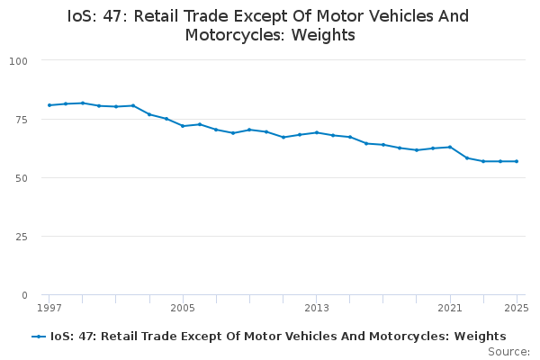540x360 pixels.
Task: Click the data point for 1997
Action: pyautogui.click(x=49, y=105)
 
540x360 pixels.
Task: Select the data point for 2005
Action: pyautogui.click(x=183, y=126)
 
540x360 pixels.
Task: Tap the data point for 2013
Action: pyautogui.click(x=317, y=132)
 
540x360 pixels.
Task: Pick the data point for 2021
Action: pyautogui.click(x=450, y=147)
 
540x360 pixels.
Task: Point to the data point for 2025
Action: pyautogui.click(x=517, y=161)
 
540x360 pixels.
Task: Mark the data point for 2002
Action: pyautogui.click(x=133, y=105)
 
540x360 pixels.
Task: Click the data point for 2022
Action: pyautogui.click(x=467, y=157)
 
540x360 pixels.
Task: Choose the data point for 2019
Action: pyautogui.click(x=417, y=150)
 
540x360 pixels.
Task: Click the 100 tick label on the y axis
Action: pyautogui.click(x=19, y=60)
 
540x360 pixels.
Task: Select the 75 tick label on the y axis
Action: pyautogui.click(x=22, y=119)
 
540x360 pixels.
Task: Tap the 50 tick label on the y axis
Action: pyautogui.click(x=22, y=177)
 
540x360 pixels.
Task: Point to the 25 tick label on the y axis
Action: pyautogui.click(x=22, y=236)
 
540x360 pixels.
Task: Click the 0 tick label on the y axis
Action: pyautogui.click(x=25, y=295)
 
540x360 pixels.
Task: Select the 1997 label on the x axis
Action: pyautogui.click(x=49, y=308)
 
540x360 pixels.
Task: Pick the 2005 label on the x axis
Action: pyautogui.click(x=183, y=308)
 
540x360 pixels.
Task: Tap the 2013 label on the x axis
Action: pyautogui.click(x=317, y=308)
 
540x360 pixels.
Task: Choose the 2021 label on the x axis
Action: pyautogui.click(x=450, y=308)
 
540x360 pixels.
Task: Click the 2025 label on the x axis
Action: pyautogui.click(x=515, y=308)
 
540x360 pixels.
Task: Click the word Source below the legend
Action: pyautogui.click(x=508, y=351)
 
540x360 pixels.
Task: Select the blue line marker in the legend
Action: pyautogui.click(x=39, y=337)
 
